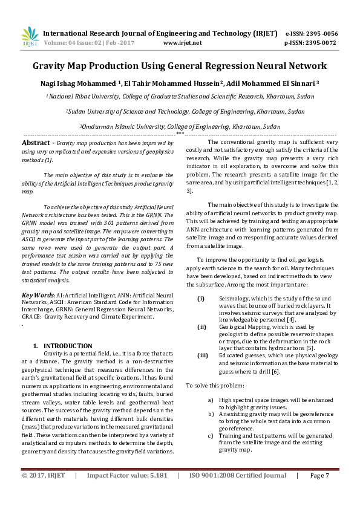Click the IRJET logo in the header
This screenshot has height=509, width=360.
click(30, 37)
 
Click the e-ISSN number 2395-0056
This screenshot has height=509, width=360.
click(322, 34)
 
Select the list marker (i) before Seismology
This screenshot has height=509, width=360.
click(201, 299)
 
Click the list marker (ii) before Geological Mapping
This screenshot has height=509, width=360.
click(201, 326)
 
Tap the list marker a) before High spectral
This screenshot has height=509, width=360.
click(210, 400)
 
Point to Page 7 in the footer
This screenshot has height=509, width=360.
click(319, 493)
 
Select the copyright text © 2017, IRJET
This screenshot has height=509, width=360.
click(44, 493)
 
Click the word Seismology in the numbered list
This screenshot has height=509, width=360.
click(237, 299)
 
